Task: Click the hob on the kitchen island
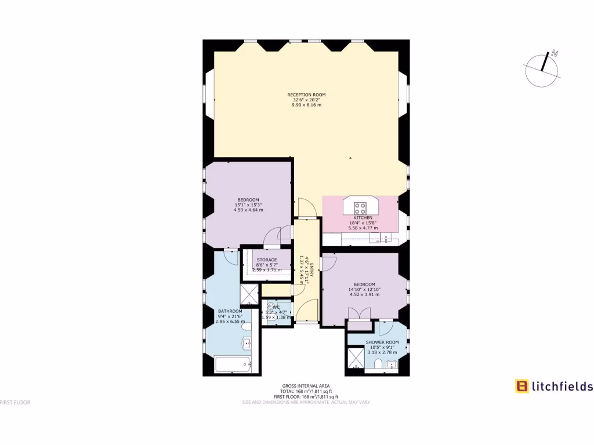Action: click(x=360, y=207)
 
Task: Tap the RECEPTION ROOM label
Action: click(x=306, y=94)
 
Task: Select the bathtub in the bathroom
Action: click(x=232, y=364)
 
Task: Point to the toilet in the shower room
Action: click(x=378, y=364)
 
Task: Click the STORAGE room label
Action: click(x=267, y=260)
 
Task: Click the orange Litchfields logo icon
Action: click(x=522, y=386)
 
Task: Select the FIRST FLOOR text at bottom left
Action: click(x=15, y=402)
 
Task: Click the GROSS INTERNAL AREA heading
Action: click(x=306, y=385)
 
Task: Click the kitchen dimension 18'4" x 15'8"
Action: click(x=363, y=222)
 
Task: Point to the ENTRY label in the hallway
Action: click(x=312, y=271)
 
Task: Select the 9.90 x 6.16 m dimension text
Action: click(x=306, y=105)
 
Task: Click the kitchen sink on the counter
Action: click(x=387, y=237)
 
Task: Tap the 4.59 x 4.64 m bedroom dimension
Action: click(x=248, y=210)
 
